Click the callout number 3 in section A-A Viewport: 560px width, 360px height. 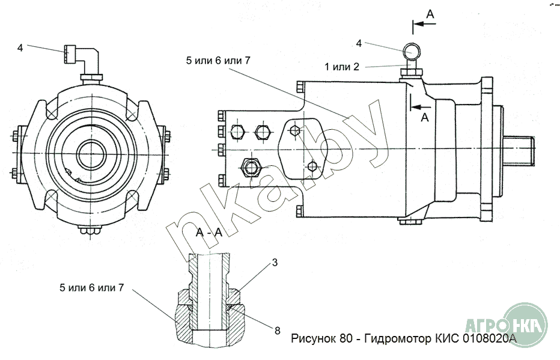pyautogui.click(x=275, y=263)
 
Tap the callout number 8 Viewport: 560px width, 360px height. pyautogui.click(x=278, y=331)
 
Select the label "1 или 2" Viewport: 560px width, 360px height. pyautogui.click(x=342, y=67)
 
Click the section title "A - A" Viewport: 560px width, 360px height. pyautogui.click(x=209, y=233)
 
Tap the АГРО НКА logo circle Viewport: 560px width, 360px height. pyautogui.click(x=524, y=325)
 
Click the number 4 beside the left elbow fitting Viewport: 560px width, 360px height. pyautogui.click(x=20, y=47)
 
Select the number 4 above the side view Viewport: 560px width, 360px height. pyautogui.click(x=359, y=43)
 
